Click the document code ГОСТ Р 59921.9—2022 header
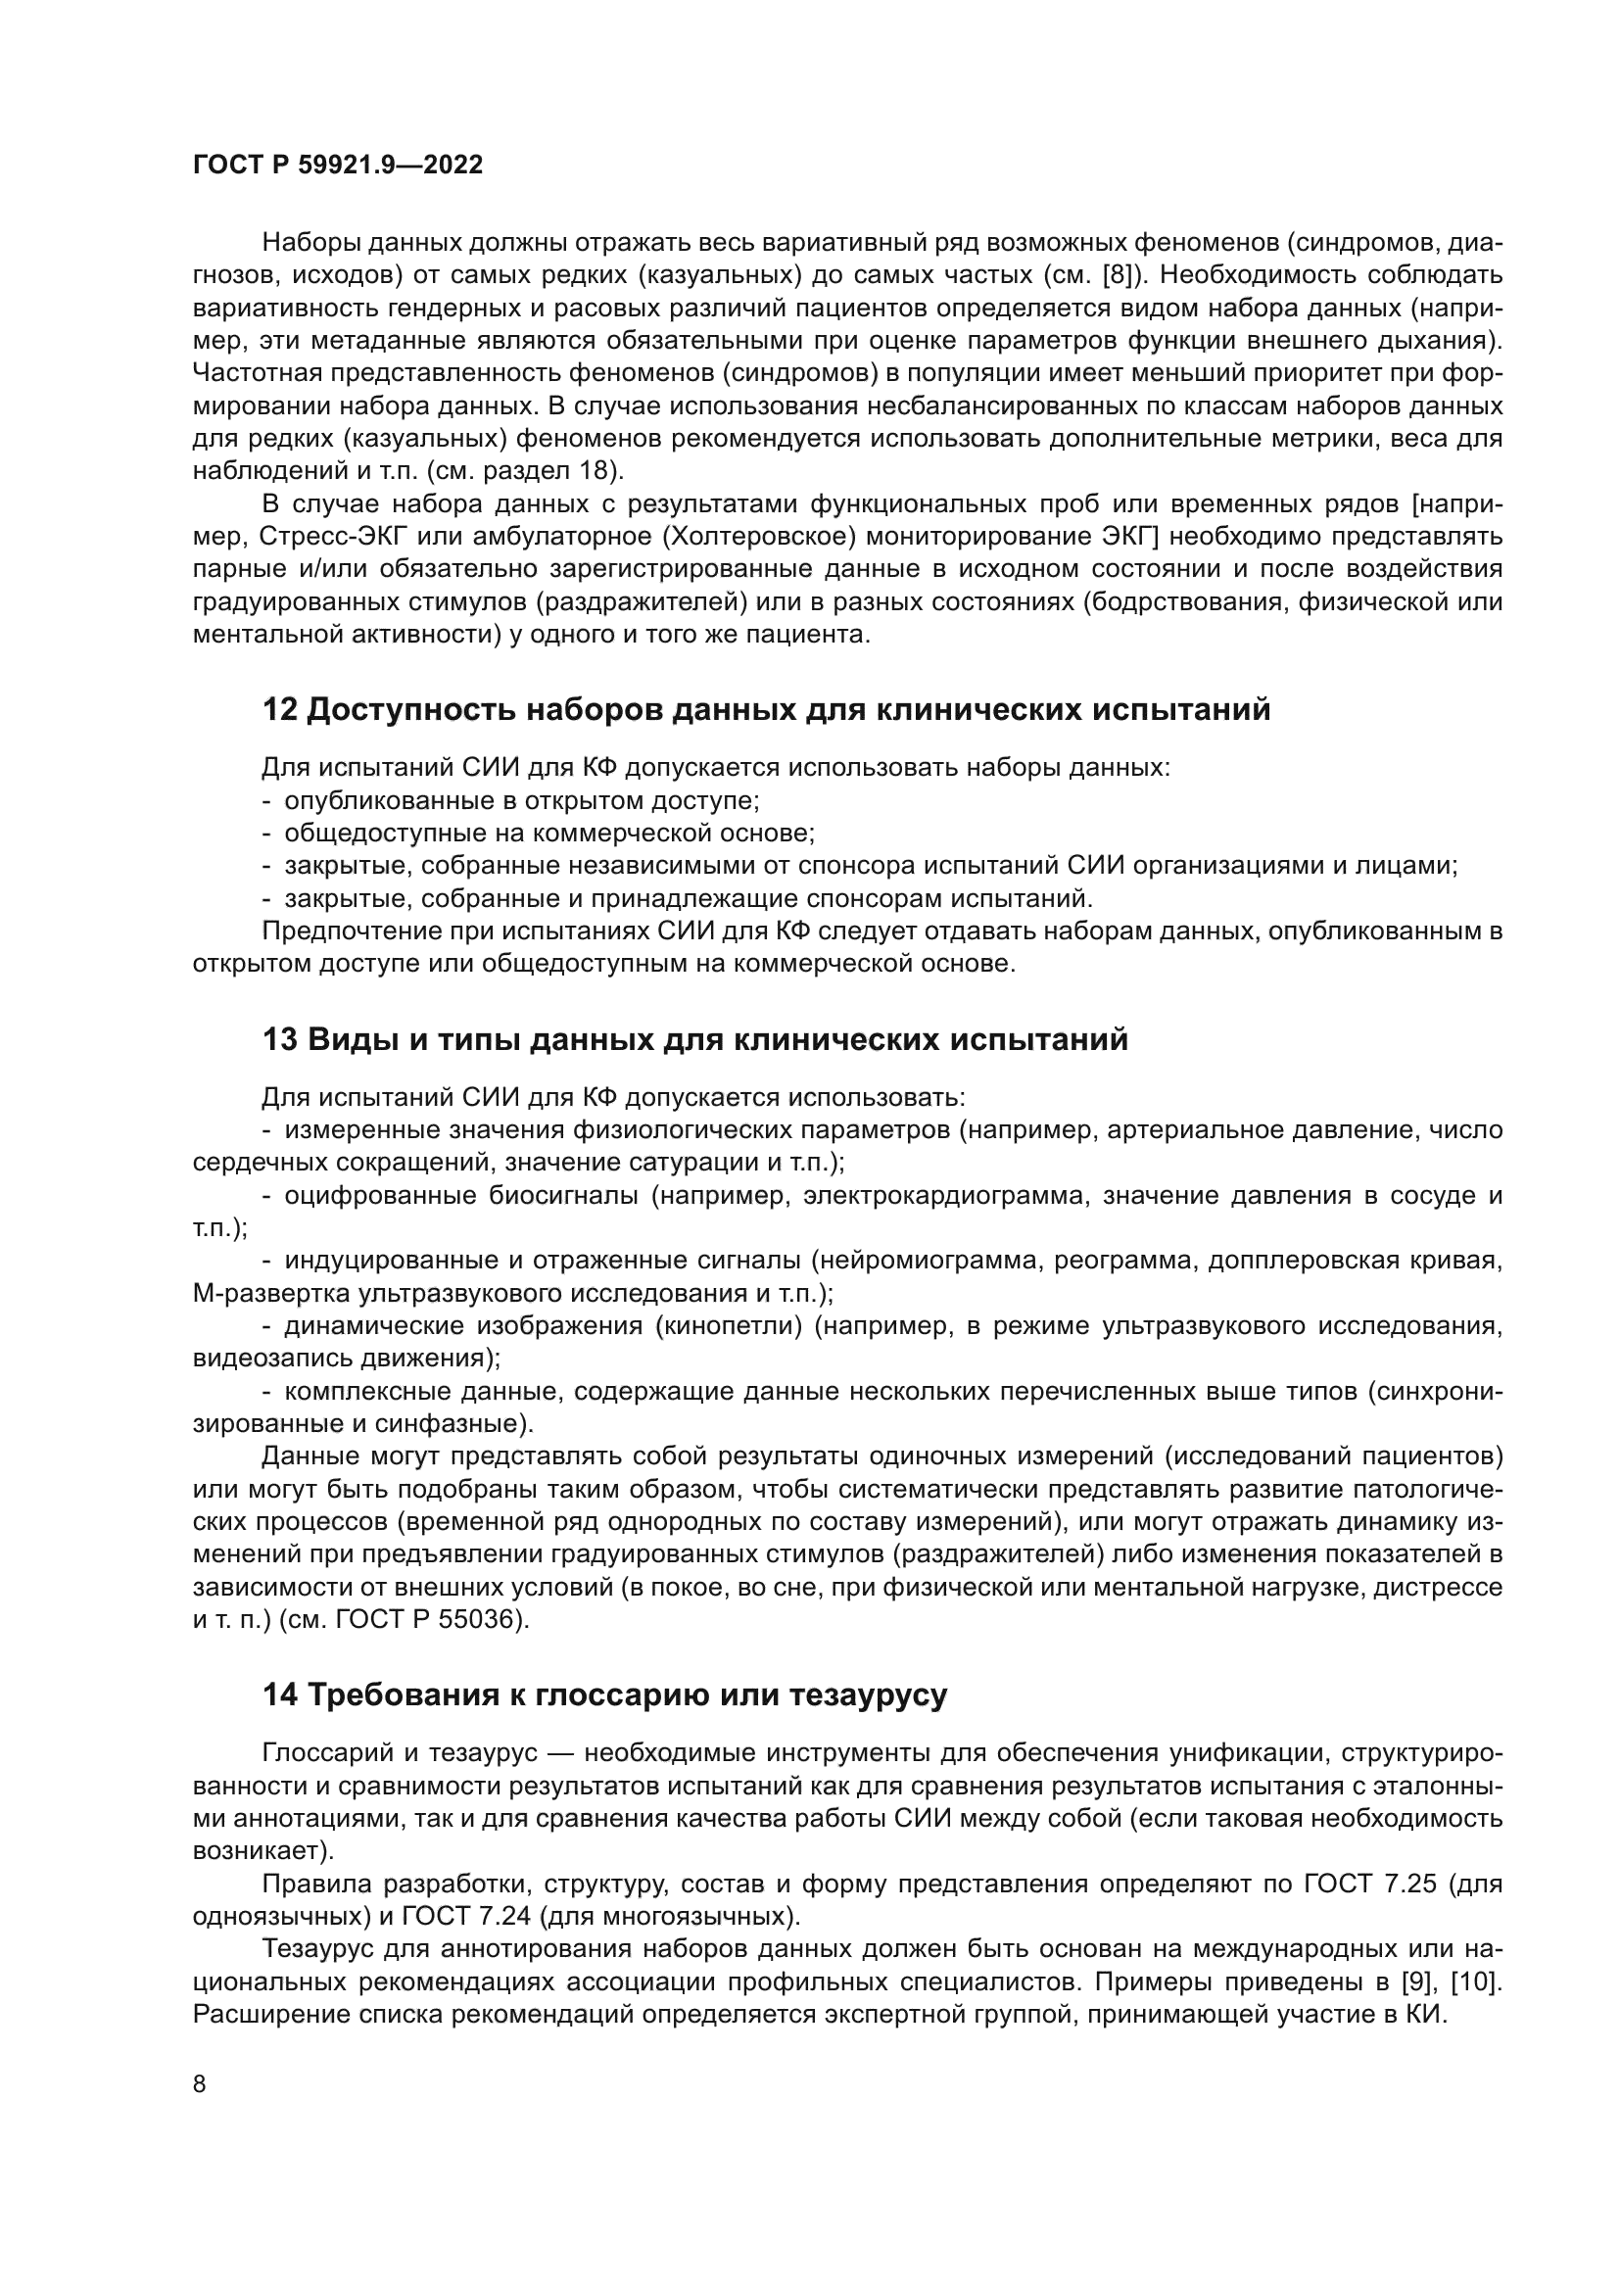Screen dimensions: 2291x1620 click(x=337, y=166)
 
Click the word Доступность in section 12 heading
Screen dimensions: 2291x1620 click(x=409, y=710)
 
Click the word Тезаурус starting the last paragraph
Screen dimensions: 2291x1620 click(x=317, y=1950)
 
